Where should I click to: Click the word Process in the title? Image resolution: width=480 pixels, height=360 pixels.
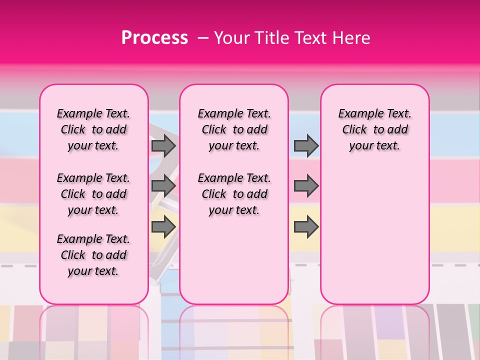154,38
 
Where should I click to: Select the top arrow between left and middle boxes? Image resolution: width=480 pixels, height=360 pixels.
163,145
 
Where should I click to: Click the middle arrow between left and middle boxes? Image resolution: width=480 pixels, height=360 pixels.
163,186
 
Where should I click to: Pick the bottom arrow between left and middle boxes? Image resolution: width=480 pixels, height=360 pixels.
163,227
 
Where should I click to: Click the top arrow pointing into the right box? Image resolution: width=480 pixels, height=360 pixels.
306,145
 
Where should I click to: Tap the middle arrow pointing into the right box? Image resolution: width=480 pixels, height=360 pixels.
306,186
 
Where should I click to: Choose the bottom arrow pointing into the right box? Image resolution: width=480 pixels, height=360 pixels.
306,227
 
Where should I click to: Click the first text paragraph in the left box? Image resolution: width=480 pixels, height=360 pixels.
93,129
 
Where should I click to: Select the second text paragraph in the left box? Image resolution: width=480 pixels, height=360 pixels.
93,194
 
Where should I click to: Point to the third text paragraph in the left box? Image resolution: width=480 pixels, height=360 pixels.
93,255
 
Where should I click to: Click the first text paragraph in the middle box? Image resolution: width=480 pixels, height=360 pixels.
234,129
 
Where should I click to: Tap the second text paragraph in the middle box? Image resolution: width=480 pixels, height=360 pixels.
234,194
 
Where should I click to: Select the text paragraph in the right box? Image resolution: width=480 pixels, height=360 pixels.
374,129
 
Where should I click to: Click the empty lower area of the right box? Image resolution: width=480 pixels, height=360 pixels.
374,235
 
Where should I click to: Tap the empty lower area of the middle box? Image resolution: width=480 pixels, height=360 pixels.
234,260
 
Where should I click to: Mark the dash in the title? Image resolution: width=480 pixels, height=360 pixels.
202,38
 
